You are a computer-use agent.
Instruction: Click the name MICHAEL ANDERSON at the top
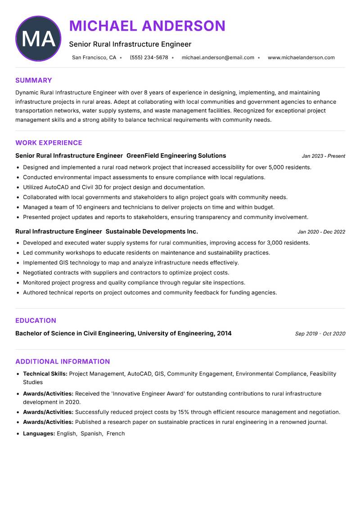147,26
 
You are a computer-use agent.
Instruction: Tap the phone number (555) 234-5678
148,58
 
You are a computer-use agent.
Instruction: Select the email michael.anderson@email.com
218,58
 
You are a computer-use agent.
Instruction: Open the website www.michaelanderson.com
301,58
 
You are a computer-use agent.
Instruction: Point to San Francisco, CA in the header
94,58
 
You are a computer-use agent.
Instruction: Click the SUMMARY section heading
34,80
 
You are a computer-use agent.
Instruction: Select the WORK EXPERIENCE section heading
49,143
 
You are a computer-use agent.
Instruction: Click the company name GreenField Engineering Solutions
176,156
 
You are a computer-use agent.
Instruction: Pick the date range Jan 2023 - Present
323,156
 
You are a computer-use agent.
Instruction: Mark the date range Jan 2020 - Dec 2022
321,232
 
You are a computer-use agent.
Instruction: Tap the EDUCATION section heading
36,321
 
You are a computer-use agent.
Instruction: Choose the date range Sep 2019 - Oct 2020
320,334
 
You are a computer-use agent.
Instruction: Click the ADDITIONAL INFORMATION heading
63,361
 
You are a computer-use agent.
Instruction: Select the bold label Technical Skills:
45,374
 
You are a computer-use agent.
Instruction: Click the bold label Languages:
39,433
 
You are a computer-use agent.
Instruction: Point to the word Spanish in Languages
92,433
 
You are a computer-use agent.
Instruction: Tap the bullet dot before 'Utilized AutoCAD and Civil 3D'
18,187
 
